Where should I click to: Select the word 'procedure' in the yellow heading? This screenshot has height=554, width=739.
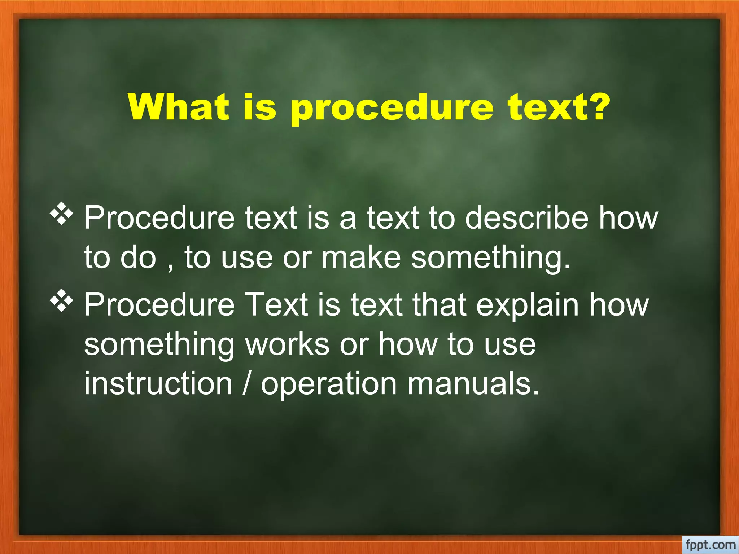(x=392, y=110)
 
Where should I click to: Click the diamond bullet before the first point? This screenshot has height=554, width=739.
(x=61, y=214)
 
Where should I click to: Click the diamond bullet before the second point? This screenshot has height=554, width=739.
(x=61, y=300)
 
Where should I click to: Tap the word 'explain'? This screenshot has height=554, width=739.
(x=527, y=305)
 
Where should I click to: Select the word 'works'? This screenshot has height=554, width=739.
(x=287, y=344)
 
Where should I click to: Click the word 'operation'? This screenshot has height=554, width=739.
(x=329, y=384)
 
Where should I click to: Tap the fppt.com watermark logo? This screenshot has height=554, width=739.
(x=710, y=544)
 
